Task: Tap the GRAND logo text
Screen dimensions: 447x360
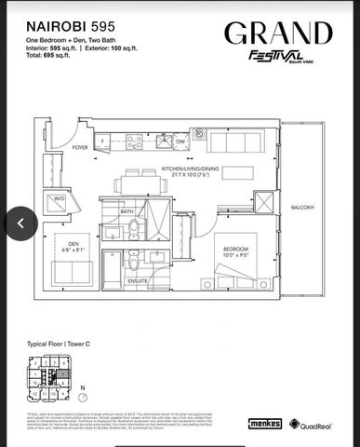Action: click(275, 35)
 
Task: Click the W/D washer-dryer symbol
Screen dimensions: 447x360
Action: click(58, 198)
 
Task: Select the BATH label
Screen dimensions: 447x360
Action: click(127, 211)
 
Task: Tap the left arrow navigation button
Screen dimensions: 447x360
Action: click(20, 223)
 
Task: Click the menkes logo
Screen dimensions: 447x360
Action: click(265, 423)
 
